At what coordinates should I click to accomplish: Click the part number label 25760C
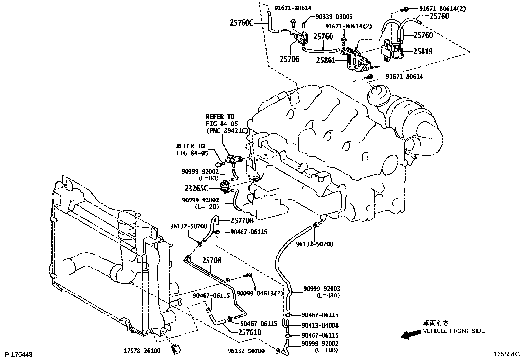point(242,23)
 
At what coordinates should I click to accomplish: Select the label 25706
point(289,60)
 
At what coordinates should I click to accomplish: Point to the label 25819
point(422,51)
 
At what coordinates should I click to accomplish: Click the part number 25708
point(211,261)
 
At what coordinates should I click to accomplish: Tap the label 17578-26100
point(142,351)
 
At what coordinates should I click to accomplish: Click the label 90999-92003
point(321,289)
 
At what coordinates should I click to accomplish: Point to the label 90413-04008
point(320,325)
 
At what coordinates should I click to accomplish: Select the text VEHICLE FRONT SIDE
point(454,331)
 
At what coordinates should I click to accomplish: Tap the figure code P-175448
point(18,354)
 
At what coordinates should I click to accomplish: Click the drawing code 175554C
point(507,354)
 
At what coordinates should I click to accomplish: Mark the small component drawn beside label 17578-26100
point(177,350)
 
